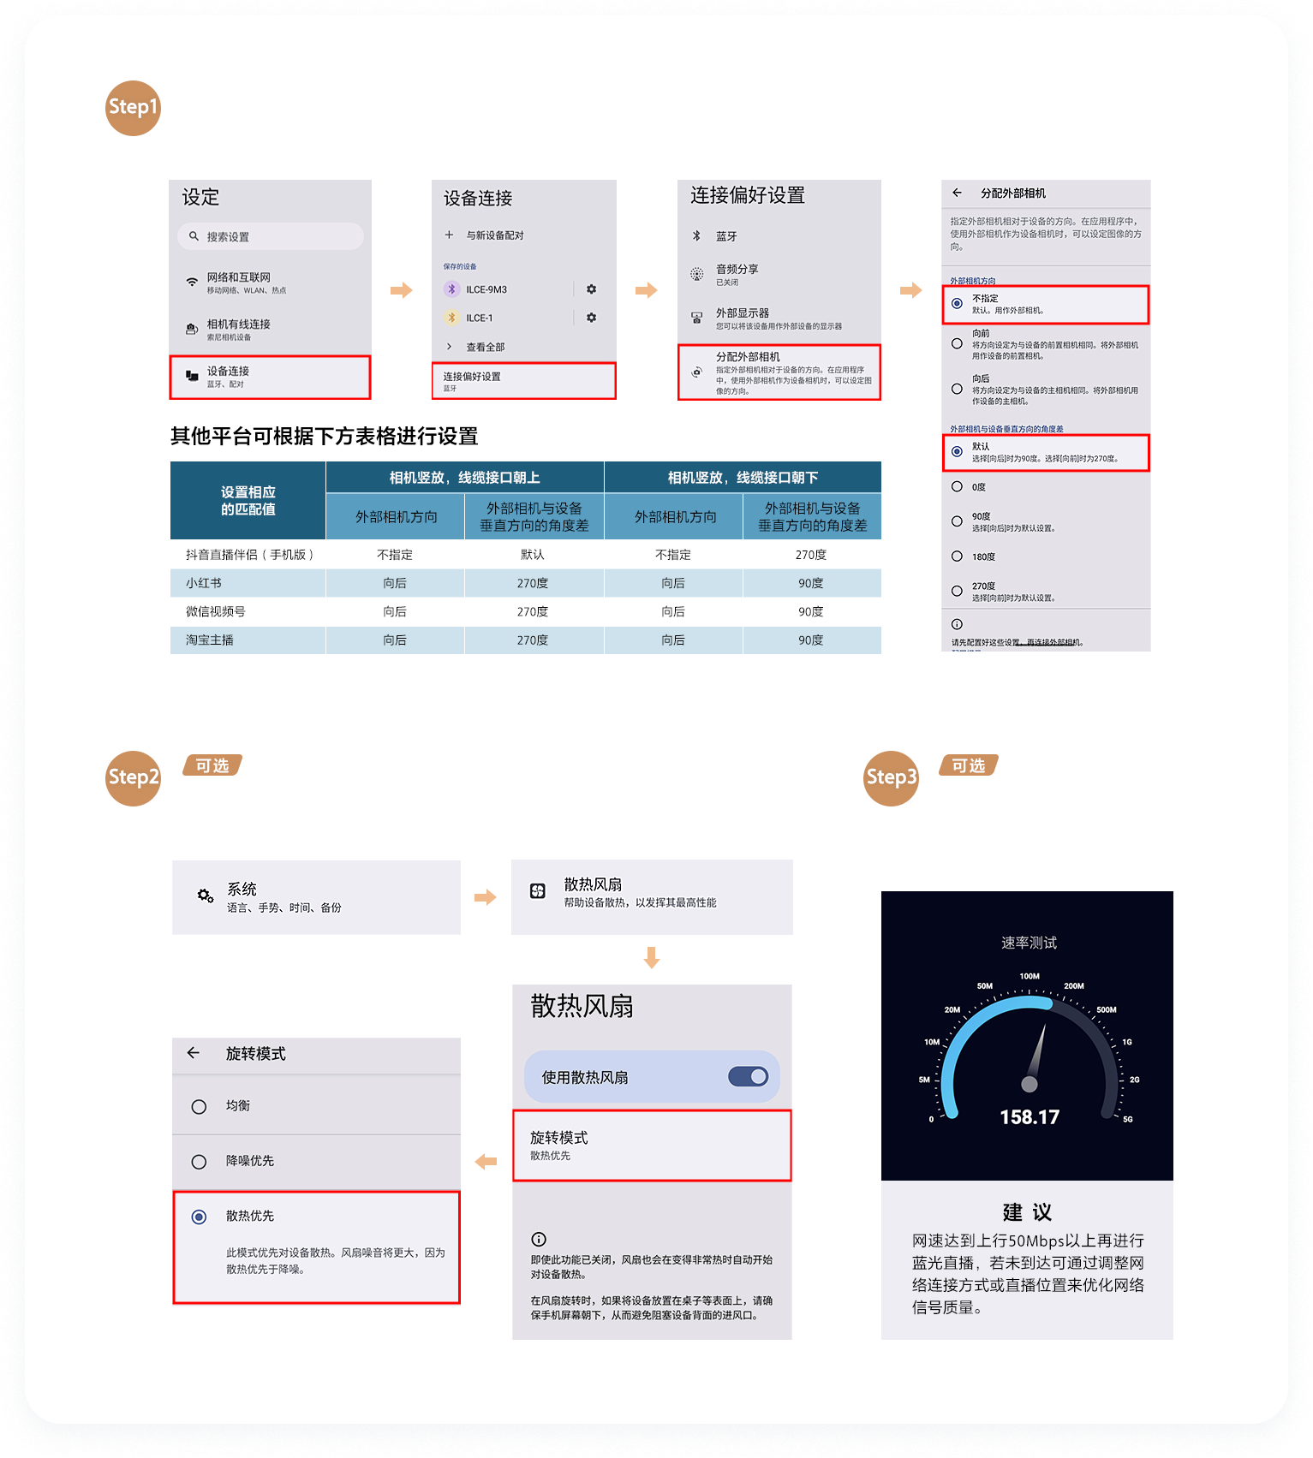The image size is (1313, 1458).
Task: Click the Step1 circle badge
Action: coord(133,108)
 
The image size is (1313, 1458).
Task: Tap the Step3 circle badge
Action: coord(891,777)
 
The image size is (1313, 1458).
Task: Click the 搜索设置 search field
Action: coord(271,236)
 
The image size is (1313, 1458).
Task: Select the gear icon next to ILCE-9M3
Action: coord(591,289)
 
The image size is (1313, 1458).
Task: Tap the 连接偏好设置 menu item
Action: coord(523,381)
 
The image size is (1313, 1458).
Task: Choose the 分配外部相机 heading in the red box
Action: coord(748,356)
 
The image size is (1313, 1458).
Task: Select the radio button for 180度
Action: coord(957,556)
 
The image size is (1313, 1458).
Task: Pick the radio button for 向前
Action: coord(957,343)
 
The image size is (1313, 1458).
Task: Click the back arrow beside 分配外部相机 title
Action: coord(957,193)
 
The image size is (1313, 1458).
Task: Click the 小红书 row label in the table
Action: coord(204,583)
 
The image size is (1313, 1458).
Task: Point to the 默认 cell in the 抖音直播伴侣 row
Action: coord(532,555)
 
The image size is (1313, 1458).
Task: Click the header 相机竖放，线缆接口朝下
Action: coord(743,477)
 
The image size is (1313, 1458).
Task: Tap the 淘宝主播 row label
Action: coord(210,640)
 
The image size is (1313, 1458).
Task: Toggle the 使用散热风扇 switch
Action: coord(748,1076)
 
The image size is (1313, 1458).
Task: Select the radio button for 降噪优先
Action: coord(199,1162)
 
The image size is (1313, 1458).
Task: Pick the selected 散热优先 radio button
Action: coord(199,1217)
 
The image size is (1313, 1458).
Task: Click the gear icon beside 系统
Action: coord(206,896)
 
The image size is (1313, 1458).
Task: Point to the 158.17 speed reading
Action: coord(1030,1117)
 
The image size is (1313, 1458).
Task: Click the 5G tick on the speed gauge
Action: coord(1127,1119)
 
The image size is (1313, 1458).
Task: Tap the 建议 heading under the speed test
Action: coord(1027,1212)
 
